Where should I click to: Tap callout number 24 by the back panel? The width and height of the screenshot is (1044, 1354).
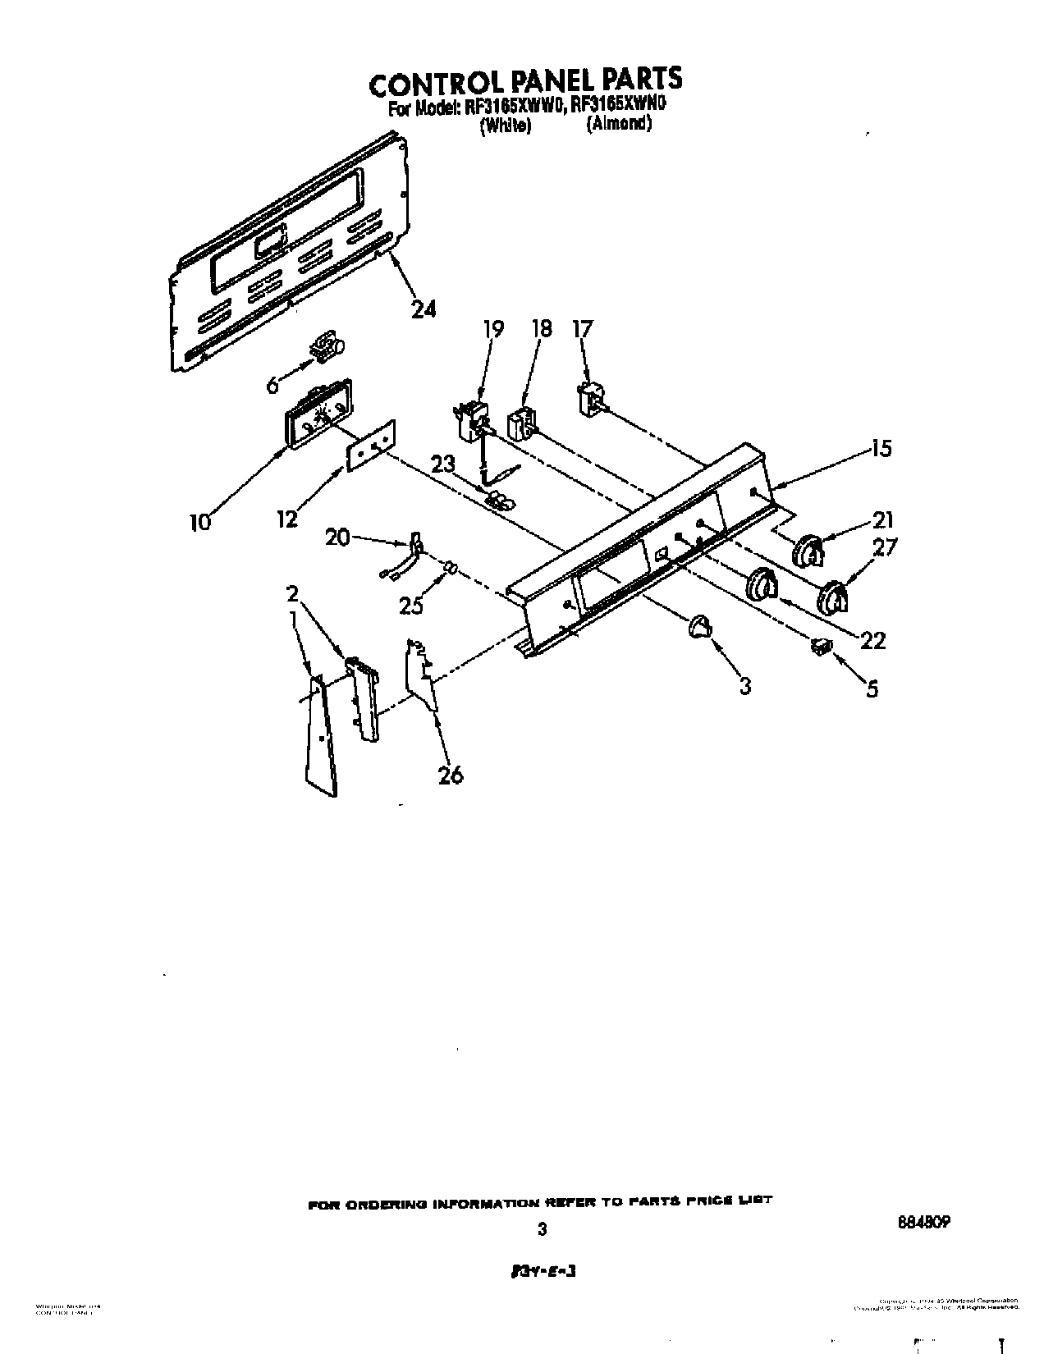(x=424, y=309)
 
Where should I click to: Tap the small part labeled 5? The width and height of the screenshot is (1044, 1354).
(x=820, y=647)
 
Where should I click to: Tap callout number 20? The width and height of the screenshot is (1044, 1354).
(x=337, y=537)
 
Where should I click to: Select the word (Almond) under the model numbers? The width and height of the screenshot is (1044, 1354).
(x=618, y=124)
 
